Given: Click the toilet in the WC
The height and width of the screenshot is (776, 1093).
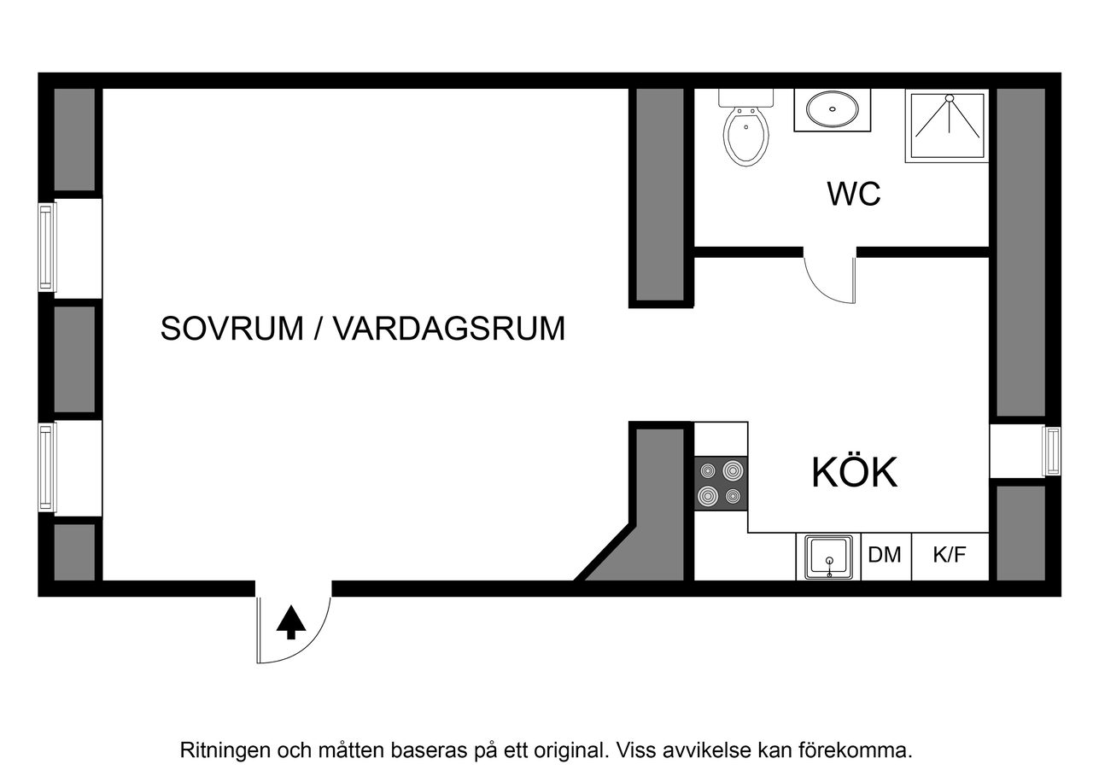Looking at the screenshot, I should tap(746, 135).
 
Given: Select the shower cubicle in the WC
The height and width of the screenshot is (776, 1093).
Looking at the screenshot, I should tap(947, 125).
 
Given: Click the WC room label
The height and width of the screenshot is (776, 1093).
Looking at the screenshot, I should tap(853, 195).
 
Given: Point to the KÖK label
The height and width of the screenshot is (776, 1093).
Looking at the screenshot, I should tap(854, 473).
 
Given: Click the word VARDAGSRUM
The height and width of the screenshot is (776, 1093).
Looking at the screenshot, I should tap(448, 329).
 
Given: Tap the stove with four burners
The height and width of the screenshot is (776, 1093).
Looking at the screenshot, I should tap(721, 483).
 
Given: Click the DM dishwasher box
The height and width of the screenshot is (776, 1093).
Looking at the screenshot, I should tap(886, 556).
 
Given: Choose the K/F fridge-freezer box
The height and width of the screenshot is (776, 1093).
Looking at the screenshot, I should tap(950, 556).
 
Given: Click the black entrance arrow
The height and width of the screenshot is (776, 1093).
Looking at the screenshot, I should tap(291, 622).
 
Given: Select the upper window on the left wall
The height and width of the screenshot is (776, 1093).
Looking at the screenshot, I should tap(47, 248).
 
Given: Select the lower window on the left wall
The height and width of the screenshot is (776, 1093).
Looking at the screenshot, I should tap(47, 468).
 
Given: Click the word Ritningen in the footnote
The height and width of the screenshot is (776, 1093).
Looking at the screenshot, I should tap(224, 750).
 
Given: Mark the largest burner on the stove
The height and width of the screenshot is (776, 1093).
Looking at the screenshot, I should tap(732, 470).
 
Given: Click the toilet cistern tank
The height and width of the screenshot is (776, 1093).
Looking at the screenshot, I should tap(746, 96).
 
